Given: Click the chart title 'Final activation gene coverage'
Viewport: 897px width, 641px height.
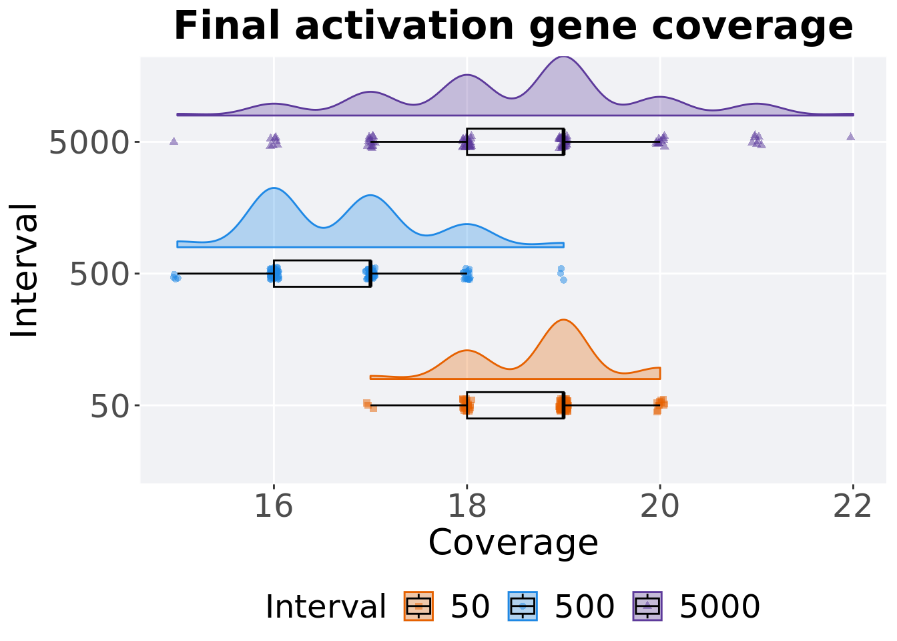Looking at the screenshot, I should pos(513,27).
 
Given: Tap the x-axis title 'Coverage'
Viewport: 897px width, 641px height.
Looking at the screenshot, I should pos(513,542).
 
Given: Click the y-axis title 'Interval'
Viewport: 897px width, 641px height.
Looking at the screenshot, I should pos(25,270).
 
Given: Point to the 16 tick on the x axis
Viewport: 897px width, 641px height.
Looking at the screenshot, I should pos(274,507).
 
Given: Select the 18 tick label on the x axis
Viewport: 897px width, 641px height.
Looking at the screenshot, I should pos(467,507).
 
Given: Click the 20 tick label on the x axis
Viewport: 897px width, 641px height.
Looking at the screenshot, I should pos(660,507).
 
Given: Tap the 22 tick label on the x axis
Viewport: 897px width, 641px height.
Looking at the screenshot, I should pos(853,507).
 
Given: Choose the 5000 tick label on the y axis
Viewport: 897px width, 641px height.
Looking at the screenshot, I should pos(89,142).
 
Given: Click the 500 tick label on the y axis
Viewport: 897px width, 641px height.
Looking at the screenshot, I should pos(99,274).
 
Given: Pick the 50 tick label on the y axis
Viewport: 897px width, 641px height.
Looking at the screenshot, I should pos(110,405).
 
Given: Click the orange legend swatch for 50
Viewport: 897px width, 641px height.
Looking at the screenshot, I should pos(418,606).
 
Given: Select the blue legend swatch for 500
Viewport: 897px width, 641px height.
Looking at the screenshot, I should pos(523,606).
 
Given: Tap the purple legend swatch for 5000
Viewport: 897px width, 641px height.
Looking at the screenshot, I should pos(647,606).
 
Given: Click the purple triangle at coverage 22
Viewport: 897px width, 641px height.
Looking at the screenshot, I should pos(850,137).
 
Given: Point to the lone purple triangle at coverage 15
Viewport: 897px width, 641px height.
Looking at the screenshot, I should pos(174,141).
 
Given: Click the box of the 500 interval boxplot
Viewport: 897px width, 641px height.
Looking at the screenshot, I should pos(322,274).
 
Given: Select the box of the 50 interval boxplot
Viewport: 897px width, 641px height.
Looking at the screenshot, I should pos(515,405).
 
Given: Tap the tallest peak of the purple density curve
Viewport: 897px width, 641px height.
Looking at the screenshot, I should pos(563,58).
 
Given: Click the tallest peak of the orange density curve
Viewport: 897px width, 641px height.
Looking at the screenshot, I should pos(563,321).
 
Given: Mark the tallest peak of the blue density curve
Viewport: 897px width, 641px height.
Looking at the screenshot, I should pos(274,189).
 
